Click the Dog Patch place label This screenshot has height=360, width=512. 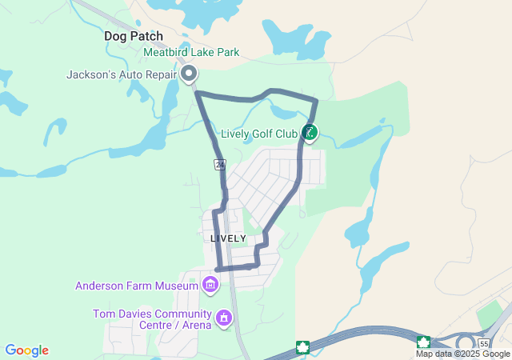[134, 36]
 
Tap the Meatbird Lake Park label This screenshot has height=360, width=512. [191, 53]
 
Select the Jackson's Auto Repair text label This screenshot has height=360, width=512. [122, 75]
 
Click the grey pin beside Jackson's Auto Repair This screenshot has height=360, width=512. [190, 74]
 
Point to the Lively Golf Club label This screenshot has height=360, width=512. [258, 133]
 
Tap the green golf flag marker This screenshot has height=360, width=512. [310, 132]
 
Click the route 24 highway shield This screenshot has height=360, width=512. [219, 164]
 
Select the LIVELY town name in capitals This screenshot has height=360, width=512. [228, 238]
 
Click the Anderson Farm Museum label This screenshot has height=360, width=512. [137, 286]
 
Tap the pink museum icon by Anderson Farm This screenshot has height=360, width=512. [210, 285]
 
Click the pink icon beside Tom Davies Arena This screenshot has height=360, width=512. [225, 318]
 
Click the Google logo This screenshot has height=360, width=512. [26, 350]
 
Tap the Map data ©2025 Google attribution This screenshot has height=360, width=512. [462, 354]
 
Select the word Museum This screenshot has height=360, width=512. [177, 286]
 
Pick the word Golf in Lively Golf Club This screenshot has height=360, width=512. [264, 133]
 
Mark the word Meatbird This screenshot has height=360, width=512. [167, 53]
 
